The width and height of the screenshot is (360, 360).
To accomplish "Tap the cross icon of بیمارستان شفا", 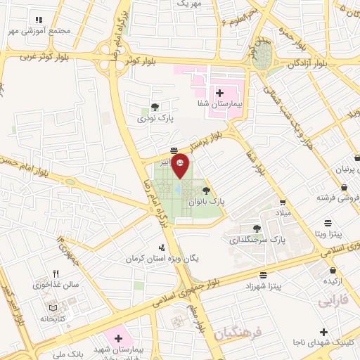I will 219,93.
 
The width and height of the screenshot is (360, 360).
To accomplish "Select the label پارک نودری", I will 154,118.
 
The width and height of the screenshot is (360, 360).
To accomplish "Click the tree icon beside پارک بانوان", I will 206,191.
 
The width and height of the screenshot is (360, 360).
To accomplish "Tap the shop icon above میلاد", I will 282,202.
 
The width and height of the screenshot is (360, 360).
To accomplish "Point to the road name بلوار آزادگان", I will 308,63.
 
